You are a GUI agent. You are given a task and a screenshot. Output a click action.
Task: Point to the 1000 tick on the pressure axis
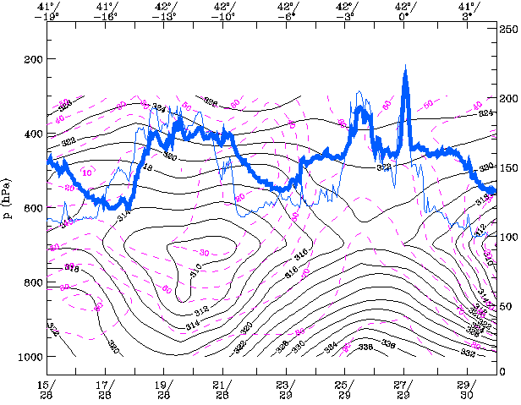coord(30,357)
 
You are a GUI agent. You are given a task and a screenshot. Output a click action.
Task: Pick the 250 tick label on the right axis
coord(507,29)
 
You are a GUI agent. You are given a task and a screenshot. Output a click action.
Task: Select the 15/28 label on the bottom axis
coord(47,390)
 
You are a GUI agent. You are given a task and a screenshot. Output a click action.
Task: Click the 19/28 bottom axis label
coord(165,390)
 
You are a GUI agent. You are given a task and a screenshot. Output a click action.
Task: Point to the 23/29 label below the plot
coord(285,390)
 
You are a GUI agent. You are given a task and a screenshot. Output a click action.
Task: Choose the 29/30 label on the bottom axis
coord(464,390)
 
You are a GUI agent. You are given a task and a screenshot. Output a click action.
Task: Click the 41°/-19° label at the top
coord(47,10)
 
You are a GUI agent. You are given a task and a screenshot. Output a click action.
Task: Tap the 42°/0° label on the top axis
coord(404,10)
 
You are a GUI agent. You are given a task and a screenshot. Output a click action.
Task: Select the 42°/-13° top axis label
coord(165,10)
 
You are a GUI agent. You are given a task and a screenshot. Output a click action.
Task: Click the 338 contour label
coord(366,348)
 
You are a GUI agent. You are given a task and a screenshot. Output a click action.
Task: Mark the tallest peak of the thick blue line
coord(406,68)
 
